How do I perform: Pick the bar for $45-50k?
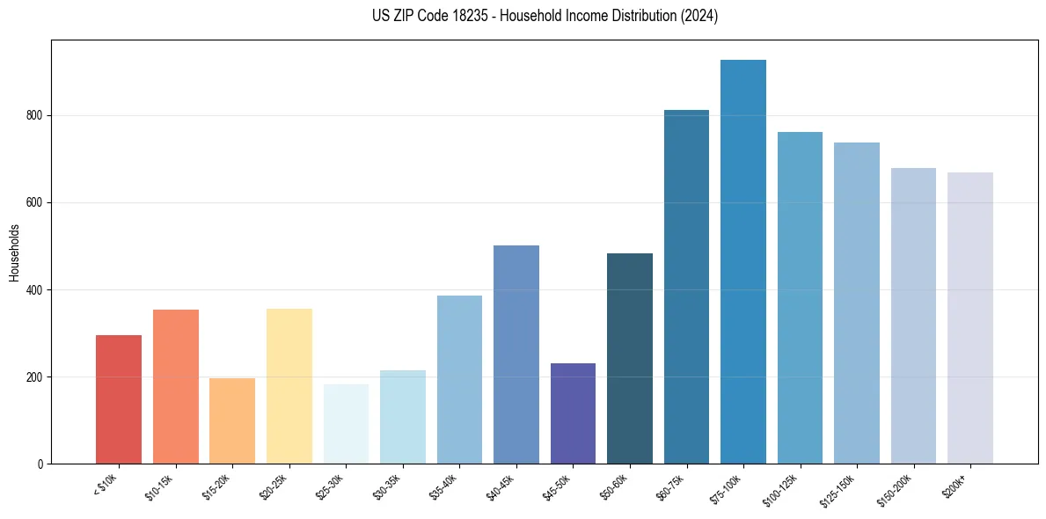(x=573, y=413)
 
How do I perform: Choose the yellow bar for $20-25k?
(x=289, y=386)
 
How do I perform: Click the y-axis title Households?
(x=14, y=252)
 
